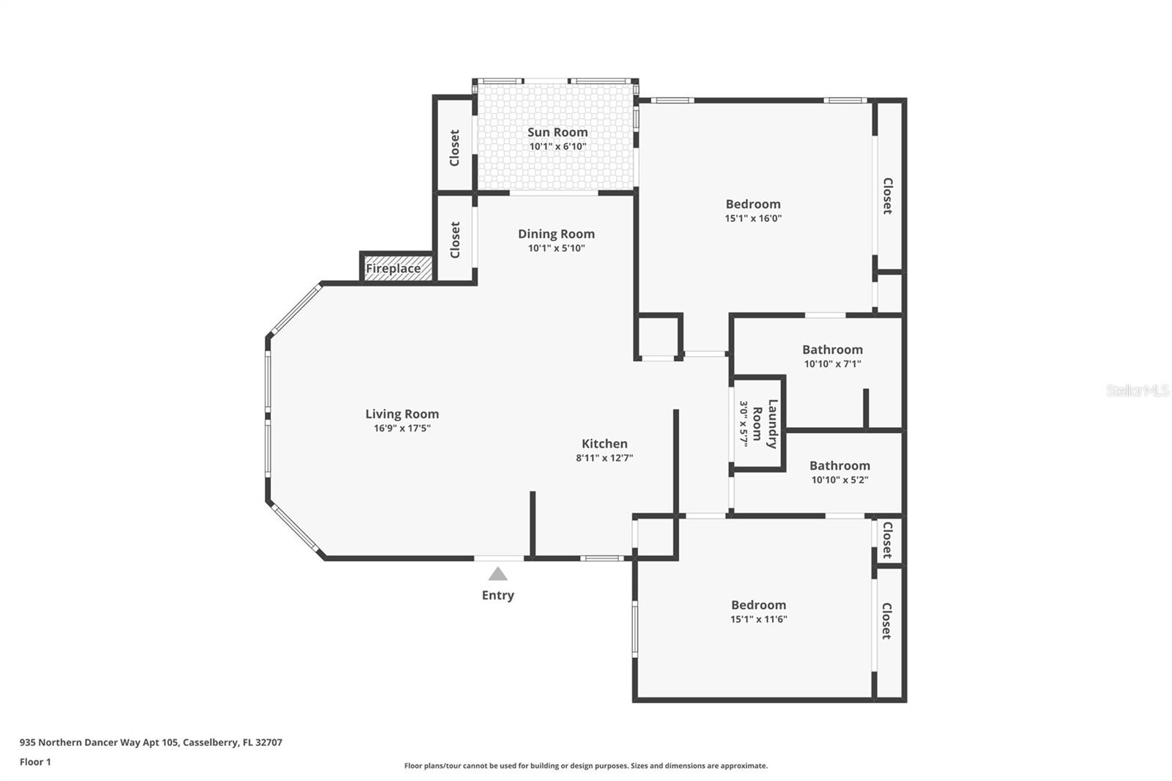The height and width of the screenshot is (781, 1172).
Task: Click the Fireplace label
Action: coord(393,269)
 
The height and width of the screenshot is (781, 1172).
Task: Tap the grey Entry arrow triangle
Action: coord(498,574)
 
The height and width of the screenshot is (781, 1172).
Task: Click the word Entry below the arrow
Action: coord(498,595)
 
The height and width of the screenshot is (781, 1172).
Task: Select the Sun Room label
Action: coord(557,132)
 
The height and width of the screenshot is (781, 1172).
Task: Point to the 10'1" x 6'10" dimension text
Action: coord(557,147)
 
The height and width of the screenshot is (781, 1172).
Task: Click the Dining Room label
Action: coord(556,234)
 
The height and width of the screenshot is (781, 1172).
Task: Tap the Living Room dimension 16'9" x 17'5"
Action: coord(402,428)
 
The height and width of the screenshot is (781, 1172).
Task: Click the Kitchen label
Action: coord(604,443)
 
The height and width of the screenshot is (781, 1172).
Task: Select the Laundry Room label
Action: coord(765,423)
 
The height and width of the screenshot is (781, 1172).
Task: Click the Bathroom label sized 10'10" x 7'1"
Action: coord(832,349)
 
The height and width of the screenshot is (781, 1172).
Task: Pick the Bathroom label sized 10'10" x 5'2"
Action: coord(839,465)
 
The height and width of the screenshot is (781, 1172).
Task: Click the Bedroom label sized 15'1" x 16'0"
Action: coord(753,204)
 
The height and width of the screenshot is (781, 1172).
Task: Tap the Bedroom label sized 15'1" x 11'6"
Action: coord(758,604)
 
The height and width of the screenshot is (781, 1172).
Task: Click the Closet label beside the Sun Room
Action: coord(454,148)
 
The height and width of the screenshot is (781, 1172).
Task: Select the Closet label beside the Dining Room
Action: coord(455,240)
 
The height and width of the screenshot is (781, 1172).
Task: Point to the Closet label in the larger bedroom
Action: coord(888,196)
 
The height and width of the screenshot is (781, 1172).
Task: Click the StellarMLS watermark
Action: coord(1137,390)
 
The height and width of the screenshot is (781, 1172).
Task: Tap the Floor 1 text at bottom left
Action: coord(35,762)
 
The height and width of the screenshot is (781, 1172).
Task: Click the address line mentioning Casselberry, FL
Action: coord(151,742)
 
